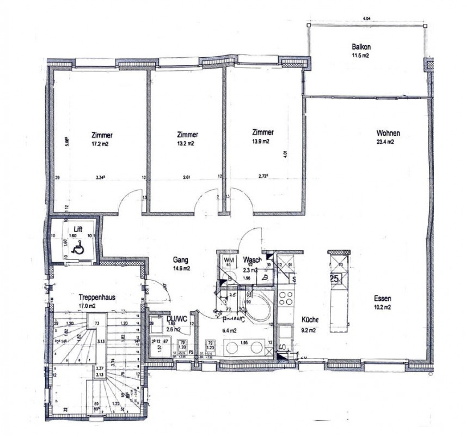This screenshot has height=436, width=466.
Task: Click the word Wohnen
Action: (x=389, y=133)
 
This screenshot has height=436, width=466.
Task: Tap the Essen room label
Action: (x=383, y=298)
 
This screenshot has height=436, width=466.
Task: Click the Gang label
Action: (x=181, y=260)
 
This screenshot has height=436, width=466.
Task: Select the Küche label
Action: (x=309, y=320)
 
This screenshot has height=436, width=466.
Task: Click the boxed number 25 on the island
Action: (x=335, y=278)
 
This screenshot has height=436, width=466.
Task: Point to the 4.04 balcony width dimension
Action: (x=365, y=19)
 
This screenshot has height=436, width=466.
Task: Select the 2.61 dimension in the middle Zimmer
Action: (x=186, y=177)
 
